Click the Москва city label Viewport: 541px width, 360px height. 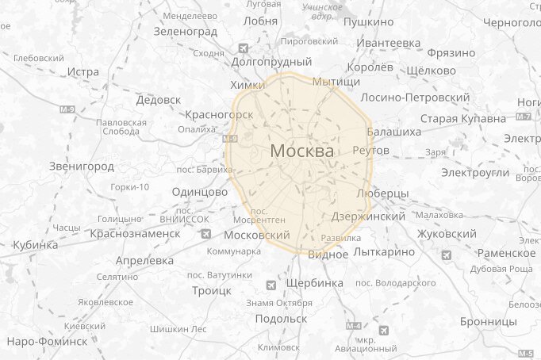[302, 150]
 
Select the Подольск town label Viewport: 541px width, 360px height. [281, 318]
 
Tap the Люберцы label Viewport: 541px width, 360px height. [383, 193]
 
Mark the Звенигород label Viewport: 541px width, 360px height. [82, 167]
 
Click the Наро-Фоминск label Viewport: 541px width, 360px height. [47, 341]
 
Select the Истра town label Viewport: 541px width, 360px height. [83, 71]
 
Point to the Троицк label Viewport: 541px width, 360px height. [212, 291]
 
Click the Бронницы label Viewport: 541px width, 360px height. [489, 322]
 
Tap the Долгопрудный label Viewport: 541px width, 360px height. [271, 61]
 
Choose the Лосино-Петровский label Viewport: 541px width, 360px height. [415, 97]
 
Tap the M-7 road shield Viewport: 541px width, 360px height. [524, 117]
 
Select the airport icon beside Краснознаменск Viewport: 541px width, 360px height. [207, 234]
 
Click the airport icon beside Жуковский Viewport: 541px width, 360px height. [447, 255]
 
